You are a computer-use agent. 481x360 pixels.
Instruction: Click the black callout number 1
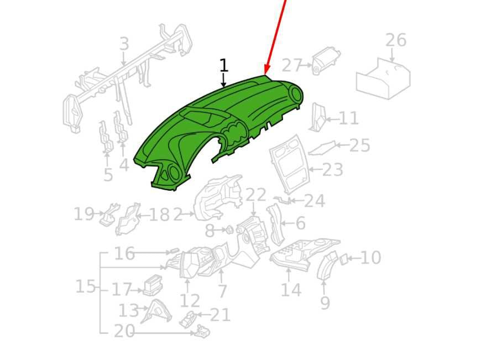224,65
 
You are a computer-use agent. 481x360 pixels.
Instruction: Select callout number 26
396,40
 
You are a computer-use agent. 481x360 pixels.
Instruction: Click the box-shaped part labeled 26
383,79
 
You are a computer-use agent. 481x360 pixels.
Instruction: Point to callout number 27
292,65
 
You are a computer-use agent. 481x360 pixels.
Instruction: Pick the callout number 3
124,44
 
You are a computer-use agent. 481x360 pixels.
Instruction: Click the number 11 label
348,118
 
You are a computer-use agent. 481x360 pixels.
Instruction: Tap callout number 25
359,145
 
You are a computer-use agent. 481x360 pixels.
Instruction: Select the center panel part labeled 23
289,164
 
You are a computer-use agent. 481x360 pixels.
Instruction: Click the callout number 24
314,201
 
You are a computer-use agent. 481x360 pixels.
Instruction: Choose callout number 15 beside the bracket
86,286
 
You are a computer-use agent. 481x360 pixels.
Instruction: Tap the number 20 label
124,331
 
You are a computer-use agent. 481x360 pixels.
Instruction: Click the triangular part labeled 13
156,311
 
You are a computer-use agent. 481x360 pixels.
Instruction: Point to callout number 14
291,289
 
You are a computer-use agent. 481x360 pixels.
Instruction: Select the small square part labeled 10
343,259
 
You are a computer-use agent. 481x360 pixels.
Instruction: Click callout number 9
325,302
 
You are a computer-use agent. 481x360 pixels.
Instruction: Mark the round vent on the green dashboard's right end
296,93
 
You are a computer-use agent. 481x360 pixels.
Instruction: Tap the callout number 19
84,214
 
